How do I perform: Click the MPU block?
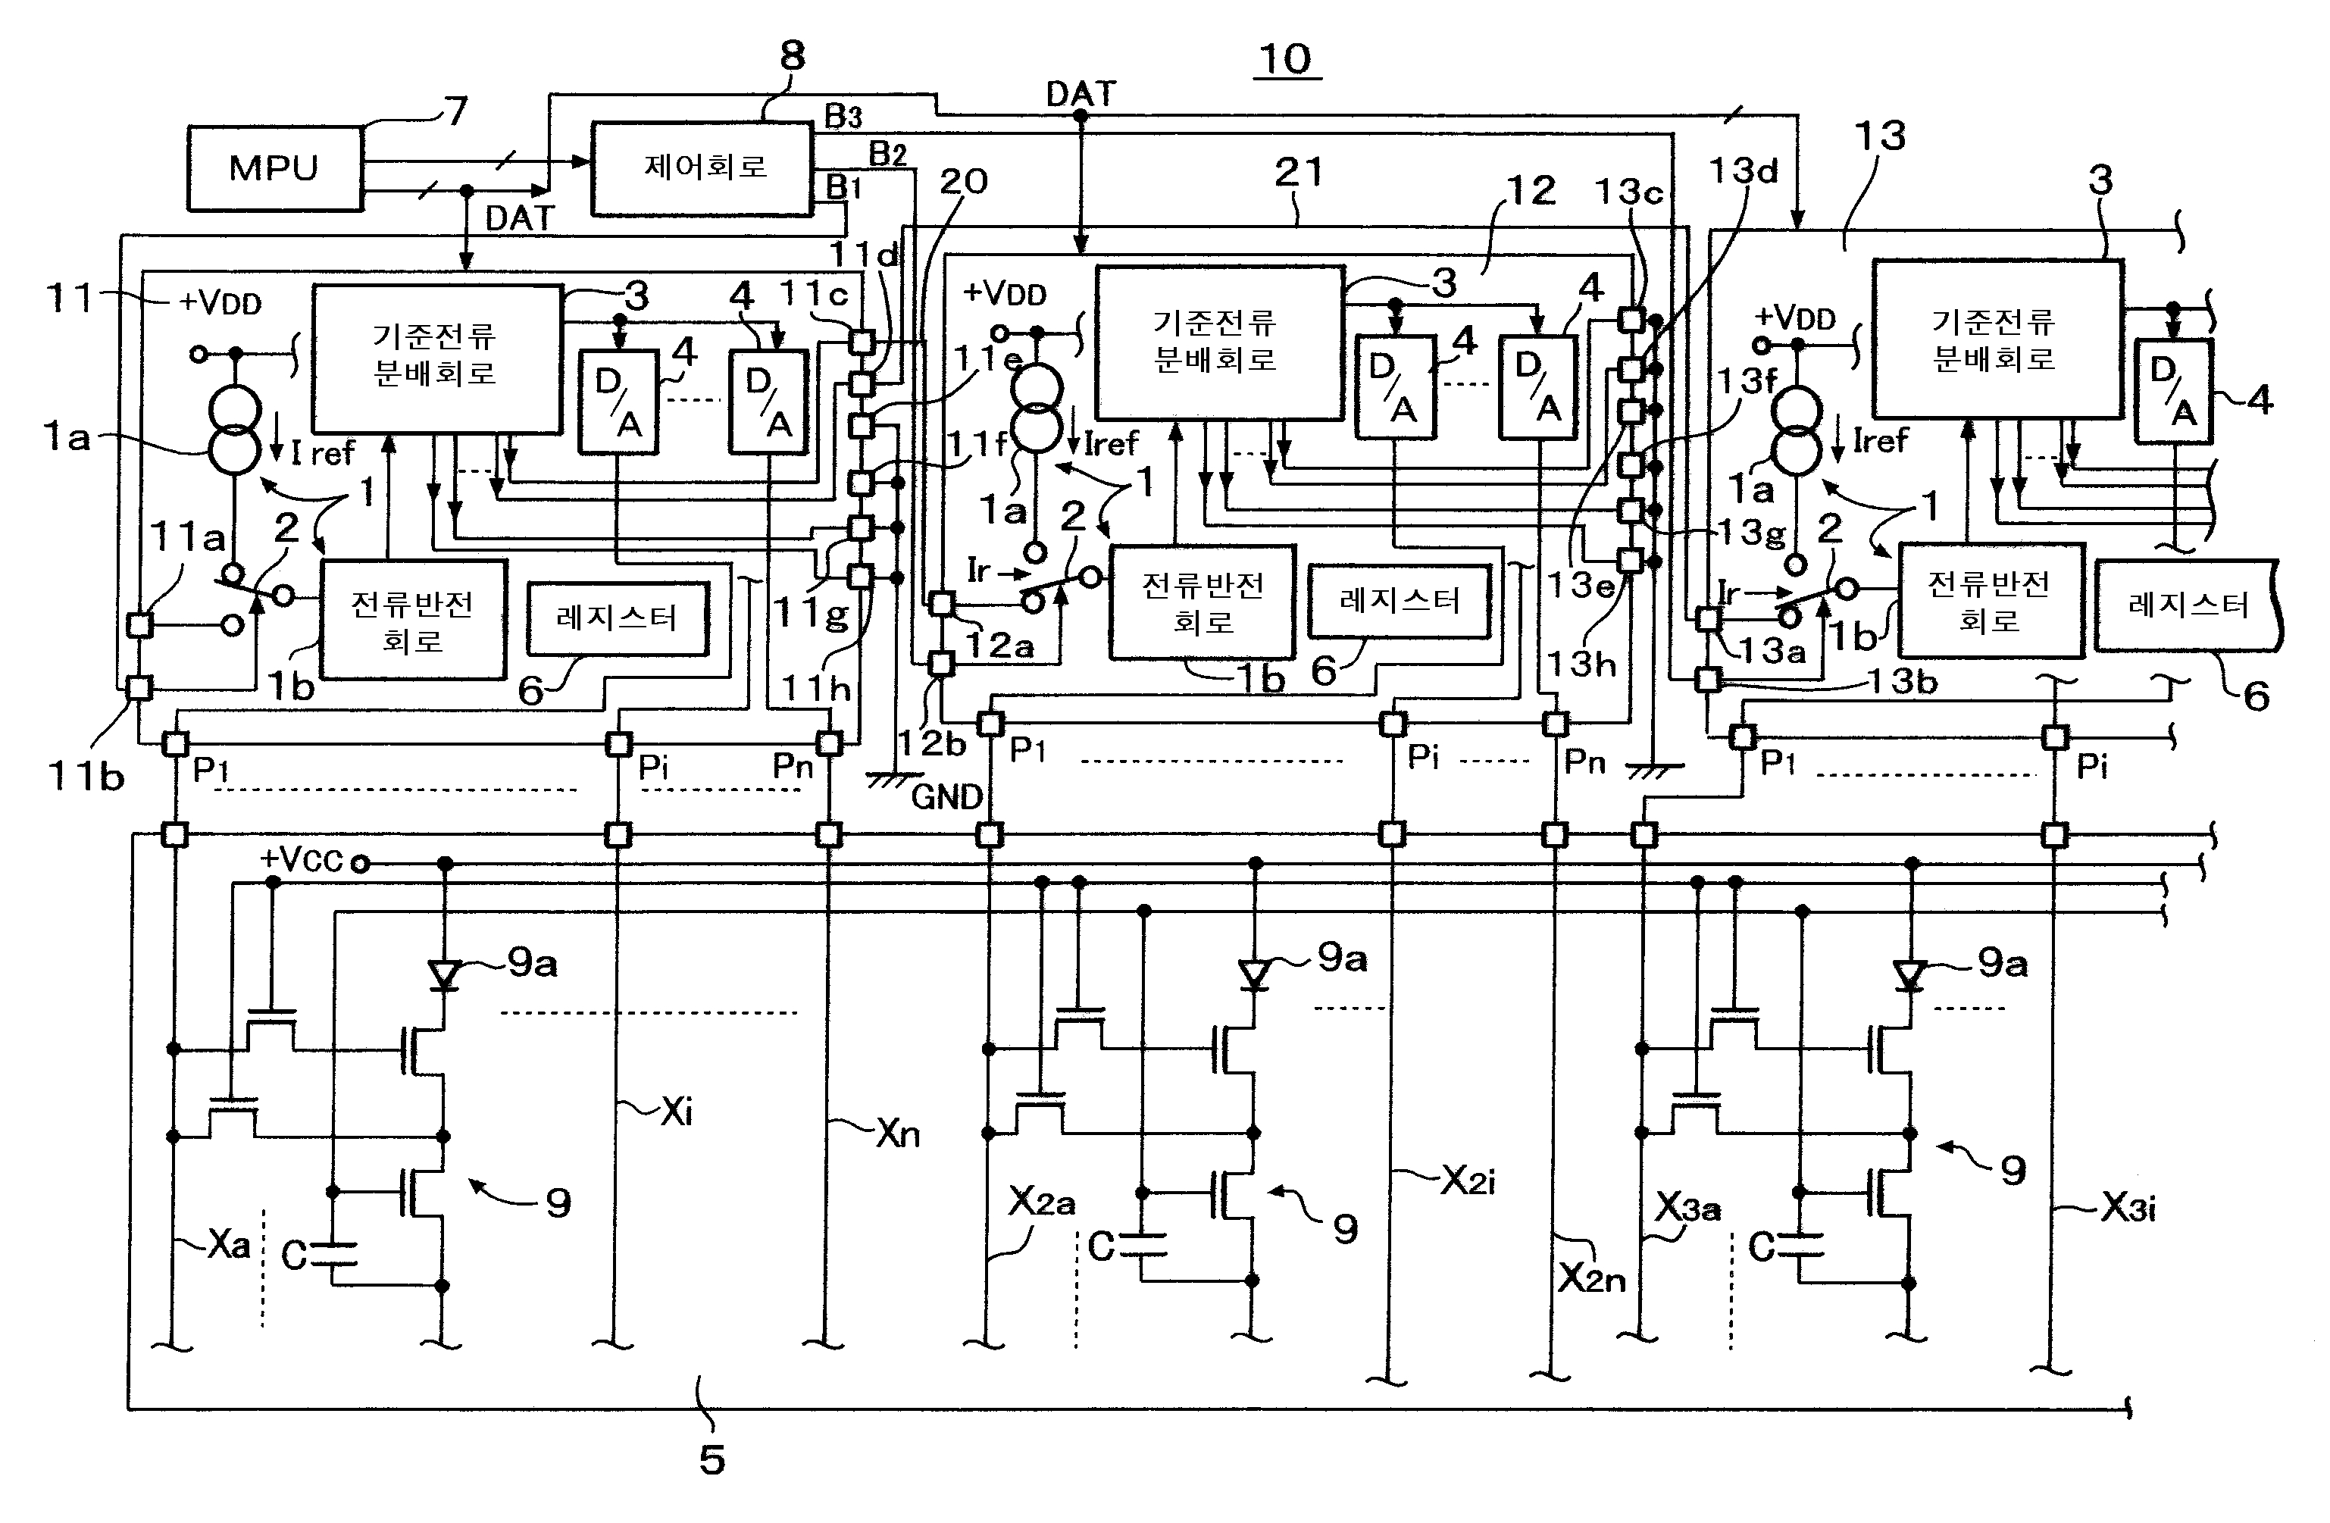coord(274,167)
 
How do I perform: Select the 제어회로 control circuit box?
coord(702,167)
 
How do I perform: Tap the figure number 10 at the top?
coord(1285,60)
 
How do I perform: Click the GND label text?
coord(946,797)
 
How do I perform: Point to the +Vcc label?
coord(301,859)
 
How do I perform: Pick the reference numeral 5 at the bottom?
coord(712,1459)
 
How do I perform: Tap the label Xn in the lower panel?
coord(898,1134)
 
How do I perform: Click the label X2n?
coord(1592,1278)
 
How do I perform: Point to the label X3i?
coord(2128,1208)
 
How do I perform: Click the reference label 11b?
coord(86,776)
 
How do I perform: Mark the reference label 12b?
coord(932,744)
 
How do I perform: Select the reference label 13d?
coord(1743,170)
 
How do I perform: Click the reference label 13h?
coord(1581,665)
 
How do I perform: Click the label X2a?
coord(1042,1201)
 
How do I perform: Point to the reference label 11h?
coord(815,689)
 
